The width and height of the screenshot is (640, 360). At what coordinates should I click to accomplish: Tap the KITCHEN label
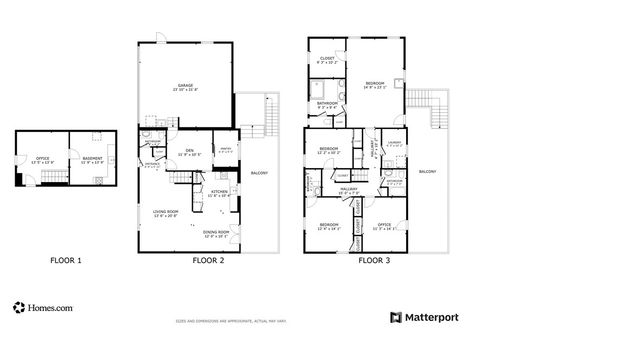coord(219,192)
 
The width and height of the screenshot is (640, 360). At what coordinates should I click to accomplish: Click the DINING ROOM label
coord(217,234)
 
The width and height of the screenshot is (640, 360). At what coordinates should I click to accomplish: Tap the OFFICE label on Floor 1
coord(41,157)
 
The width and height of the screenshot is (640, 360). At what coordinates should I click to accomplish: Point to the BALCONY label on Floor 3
coord(428,171)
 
